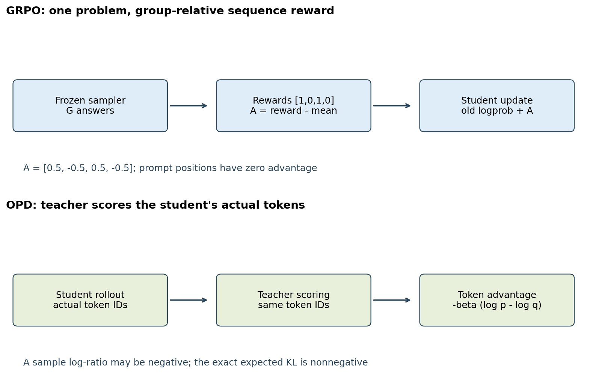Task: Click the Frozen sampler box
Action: click(90, 106)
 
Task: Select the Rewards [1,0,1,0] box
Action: click(294, 106)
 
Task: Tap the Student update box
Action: click(497, 106)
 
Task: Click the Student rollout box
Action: click(90, 300)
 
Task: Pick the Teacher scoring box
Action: click(294, 300)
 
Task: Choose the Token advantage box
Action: click(497, 300)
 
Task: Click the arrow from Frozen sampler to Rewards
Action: click(188, 106)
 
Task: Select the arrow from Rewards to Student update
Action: click(392, 106)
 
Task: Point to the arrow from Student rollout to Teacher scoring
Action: click(188, 300)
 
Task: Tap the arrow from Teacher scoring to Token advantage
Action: click(392, 300)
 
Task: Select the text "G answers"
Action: click(90, 111)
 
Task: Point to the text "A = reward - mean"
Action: click(294, 111)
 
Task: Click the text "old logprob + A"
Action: click(497, 111)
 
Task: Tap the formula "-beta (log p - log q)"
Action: click(497, 305)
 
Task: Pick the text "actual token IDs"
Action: click(90, 305)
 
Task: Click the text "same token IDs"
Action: click(294, 305)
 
